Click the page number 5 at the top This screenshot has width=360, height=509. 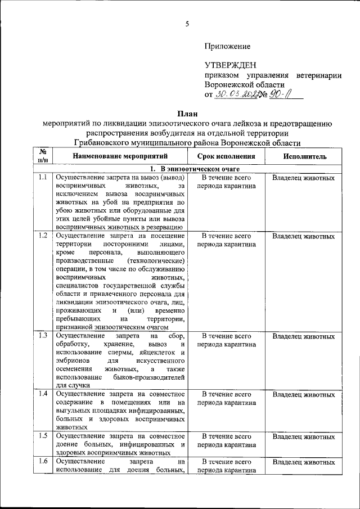click(x=187, y=23)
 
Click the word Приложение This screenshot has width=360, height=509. click(x=228, y=46)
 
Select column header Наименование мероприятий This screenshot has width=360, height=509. click(x=120, y=156)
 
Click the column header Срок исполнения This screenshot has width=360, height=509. click(x=226, y=156)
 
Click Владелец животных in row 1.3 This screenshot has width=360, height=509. click(x=304, y=336)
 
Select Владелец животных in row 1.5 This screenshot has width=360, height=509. click(x=304, y=436)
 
